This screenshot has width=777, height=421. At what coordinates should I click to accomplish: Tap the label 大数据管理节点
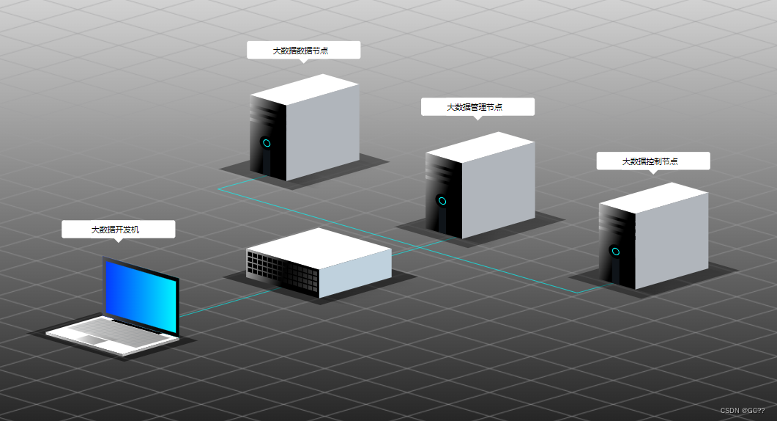click(477, 107)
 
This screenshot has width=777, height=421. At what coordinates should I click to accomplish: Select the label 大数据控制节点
click(653, 161)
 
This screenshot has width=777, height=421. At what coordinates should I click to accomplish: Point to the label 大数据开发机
click(118, 230)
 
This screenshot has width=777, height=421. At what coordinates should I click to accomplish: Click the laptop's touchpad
click(93, 339)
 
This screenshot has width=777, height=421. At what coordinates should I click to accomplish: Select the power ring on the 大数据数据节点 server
click(267, 142)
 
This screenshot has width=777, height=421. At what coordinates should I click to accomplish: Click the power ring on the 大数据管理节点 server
click(442, 200)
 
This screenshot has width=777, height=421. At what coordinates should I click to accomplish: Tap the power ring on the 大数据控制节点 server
click(616, 252)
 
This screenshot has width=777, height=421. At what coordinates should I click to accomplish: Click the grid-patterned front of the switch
click(282, 271)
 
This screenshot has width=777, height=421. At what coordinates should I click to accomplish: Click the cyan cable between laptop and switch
click(227, 303)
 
